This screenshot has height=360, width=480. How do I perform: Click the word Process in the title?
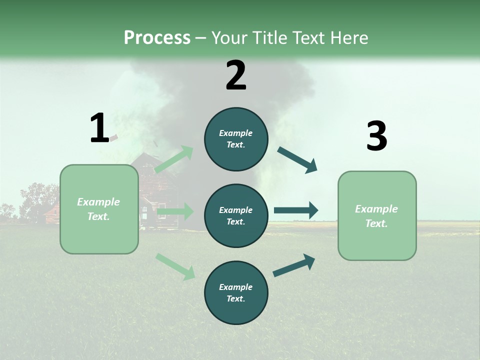pos(157,37)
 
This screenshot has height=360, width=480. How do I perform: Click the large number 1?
pos(99,128)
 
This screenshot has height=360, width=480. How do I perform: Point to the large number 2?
pos(236,75)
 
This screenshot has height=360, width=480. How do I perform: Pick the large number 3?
pos(376,136)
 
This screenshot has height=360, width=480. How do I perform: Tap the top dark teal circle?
pos(236,139)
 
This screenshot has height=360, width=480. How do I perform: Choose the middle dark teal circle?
pos(236,216)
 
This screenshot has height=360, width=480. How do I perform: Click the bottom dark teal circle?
pos(236,293)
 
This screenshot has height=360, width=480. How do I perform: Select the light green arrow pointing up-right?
pos(174,159)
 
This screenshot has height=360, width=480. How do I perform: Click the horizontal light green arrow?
pos(175,212)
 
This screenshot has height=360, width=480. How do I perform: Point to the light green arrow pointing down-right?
pos(175,266)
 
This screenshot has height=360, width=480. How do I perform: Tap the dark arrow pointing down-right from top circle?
pos(297,160)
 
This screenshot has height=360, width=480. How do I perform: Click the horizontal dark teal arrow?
pos(296,210)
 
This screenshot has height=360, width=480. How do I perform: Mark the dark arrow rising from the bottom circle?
pos(294,265)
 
